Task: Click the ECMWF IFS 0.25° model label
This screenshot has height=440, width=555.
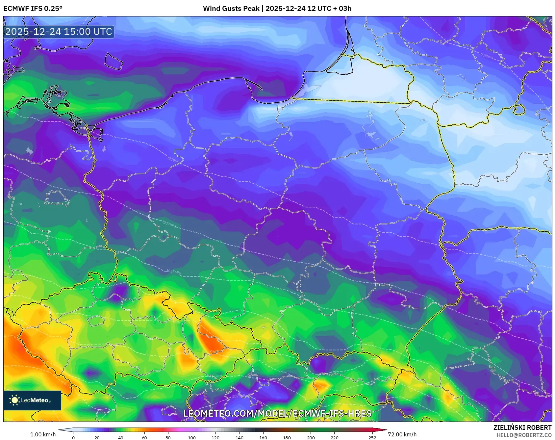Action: click(33, 9)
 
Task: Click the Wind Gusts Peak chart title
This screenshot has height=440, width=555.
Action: click(277, 9)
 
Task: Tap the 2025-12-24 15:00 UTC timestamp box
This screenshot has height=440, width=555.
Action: click(59, 32)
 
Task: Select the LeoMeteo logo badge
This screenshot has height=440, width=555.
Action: click(32, 400)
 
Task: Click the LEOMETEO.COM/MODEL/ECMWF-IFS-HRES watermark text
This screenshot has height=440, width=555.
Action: click(277, 413)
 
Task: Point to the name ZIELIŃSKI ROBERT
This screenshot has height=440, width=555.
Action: click(522, 427)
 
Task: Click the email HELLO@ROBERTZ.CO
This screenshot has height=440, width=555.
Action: click(524, 435)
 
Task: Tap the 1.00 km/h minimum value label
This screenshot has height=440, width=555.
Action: click(43, 434)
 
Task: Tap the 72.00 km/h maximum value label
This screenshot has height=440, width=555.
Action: click(402, 434)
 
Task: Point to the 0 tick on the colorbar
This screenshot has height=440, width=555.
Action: click(73, 438)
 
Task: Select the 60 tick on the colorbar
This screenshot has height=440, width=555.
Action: click(144, 438)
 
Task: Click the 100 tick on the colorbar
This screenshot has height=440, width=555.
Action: click(192, 438)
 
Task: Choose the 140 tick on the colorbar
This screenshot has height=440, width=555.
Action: click(240, 438)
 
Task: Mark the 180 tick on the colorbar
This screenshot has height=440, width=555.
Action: click(287, 438)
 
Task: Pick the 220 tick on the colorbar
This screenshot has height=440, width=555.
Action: click(335, 438)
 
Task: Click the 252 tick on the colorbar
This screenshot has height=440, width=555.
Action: click(372, 438)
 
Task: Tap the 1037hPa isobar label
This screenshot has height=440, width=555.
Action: click(169, 224)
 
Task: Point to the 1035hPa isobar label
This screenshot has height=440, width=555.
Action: click(173, 272)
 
